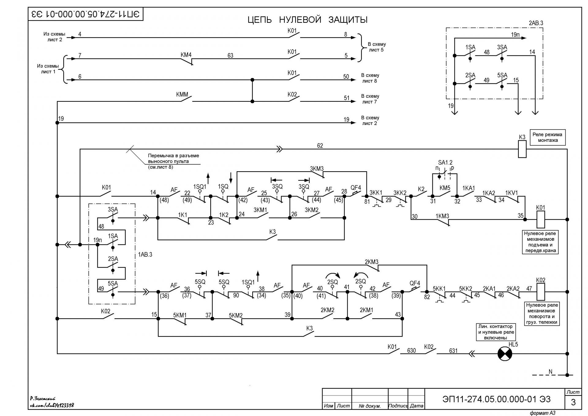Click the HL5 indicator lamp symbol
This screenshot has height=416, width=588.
pyautogui.click(x=505, y=354)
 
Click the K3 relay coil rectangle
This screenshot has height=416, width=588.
pyautogui.click(x=522, y=149)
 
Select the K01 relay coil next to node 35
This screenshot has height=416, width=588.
pyautogui.click(x=541, y=219)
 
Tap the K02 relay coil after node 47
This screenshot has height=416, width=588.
pyautogui.click(x=541, y=292)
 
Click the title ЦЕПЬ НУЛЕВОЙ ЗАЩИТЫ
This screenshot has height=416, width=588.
pyautogui.click(x=307, y=20)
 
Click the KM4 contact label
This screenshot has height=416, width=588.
pyautogui.click(x=186, y=55)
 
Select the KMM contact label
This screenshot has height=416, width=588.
pyautogui.click(x=182, y=95)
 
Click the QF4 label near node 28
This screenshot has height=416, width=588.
pyautogui.click(x=356, y=187)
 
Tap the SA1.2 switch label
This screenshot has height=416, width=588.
pyautogui.click(x=445, y=163)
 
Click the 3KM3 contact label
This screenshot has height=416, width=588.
pyautogui.click(x=317, y=169)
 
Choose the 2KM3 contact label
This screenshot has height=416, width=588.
pyautogui.click(x=371, y=262)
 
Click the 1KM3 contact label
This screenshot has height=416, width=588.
pyautogui.click(x=442, y=216)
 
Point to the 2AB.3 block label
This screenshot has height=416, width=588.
pyautogui.click(x=536, y=23)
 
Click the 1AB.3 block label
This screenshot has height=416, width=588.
pyautogui.click(x=145, y=255)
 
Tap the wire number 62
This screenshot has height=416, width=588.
pyautogui.click(x=320, y=146)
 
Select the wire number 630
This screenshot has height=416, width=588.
pyautogui.click(x=412, y=350)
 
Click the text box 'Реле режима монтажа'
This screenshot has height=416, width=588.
pyautogui.click(x=548, y=137)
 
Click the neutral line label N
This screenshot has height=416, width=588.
pyautogui.click(x=550, y=372)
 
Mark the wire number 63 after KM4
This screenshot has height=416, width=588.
pyautogui.click(x=230, y=55)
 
